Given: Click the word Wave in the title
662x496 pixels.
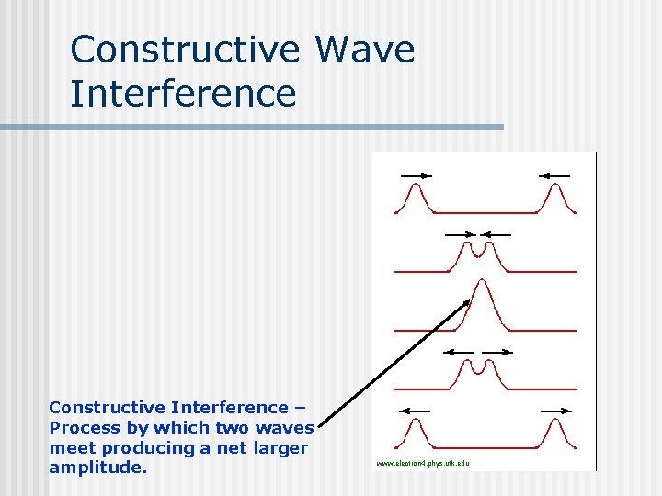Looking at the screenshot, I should click(x=364, y=50).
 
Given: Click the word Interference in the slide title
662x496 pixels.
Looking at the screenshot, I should click(x=183, y=94).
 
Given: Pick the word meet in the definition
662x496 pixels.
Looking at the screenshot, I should click(x=69, y=447).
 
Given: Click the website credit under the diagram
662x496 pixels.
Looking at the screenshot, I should click(x=423, y=463).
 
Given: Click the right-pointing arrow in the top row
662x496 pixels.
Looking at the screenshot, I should click(x=415, y=175).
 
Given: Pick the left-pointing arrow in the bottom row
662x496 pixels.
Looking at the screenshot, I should click(x=417, y=410).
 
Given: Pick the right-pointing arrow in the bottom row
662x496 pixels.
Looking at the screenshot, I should click(x=555, y=410).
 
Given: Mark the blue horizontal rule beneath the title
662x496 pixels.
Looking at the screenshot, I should click(x=252, y=127).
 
